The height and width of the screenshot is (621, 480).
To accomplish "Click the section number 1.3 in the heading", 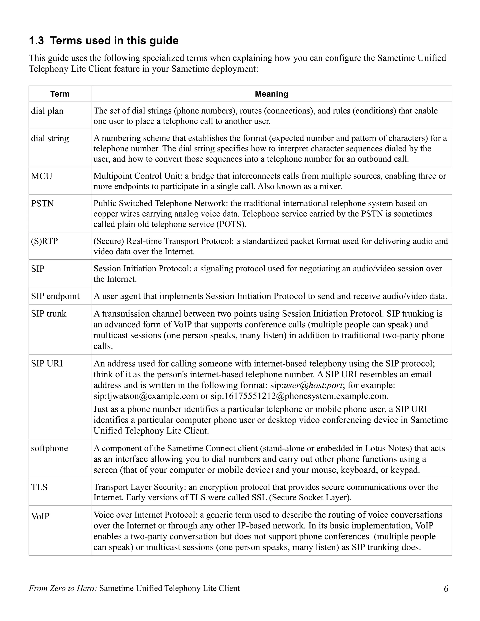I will tap(36, 41).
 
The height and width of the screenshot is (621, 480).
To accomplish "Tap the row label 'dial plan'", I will tap(47, 111).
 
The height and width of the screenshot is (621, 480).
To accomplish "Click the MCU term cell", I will tap(41, 176).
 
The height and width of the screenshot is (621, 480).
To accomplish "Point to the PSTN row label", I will tap(42, 204).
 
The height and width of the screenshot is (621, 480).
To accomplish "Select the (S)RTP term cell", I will tap(44, 241).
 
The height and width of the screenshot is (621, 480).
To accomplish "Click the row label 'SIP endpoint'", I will tap(55, 296).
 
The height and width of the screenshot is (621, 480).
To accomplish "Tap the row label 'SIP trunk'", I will tap(49, 314).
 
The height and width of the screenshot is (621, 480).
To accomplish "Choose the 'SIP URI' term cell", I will tap(47, 363).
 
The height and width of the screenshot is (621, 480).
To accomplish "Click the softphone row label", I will tap(49, 448).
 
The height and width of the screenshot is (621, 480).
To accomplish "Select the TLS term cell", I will tap(39, 487).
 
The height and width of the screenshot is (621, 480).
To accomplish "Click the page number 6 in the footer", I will tap(446, 589).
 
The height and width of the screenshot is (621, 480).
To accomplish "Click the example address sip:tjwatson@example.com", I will tap(146, 396).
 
